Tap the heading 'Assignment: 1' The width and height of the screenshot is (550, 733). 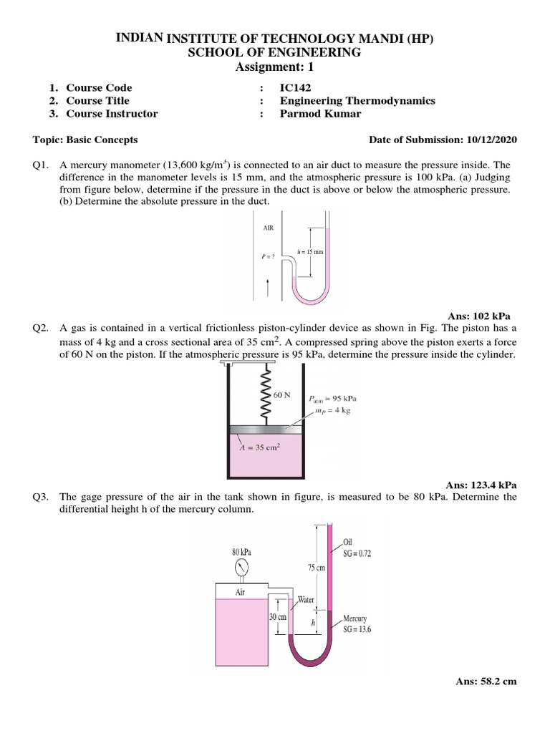[x=274, y=67]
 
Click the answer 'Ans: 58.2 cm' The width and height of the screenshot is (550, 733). [x=486, y=681]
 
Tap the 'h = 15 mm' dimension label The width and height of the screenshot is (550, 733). [x=309, y=252]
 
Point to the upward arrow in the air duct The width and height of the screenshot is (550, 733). [x=267, y=288]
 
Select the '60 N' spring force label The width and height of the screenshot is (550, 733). [x=283, y=394]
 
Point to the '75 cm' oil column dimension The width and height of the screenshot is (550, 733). [x=316, y=567]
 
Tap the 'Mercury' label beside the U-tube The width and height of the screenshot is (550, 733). [x=355, y=618]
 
